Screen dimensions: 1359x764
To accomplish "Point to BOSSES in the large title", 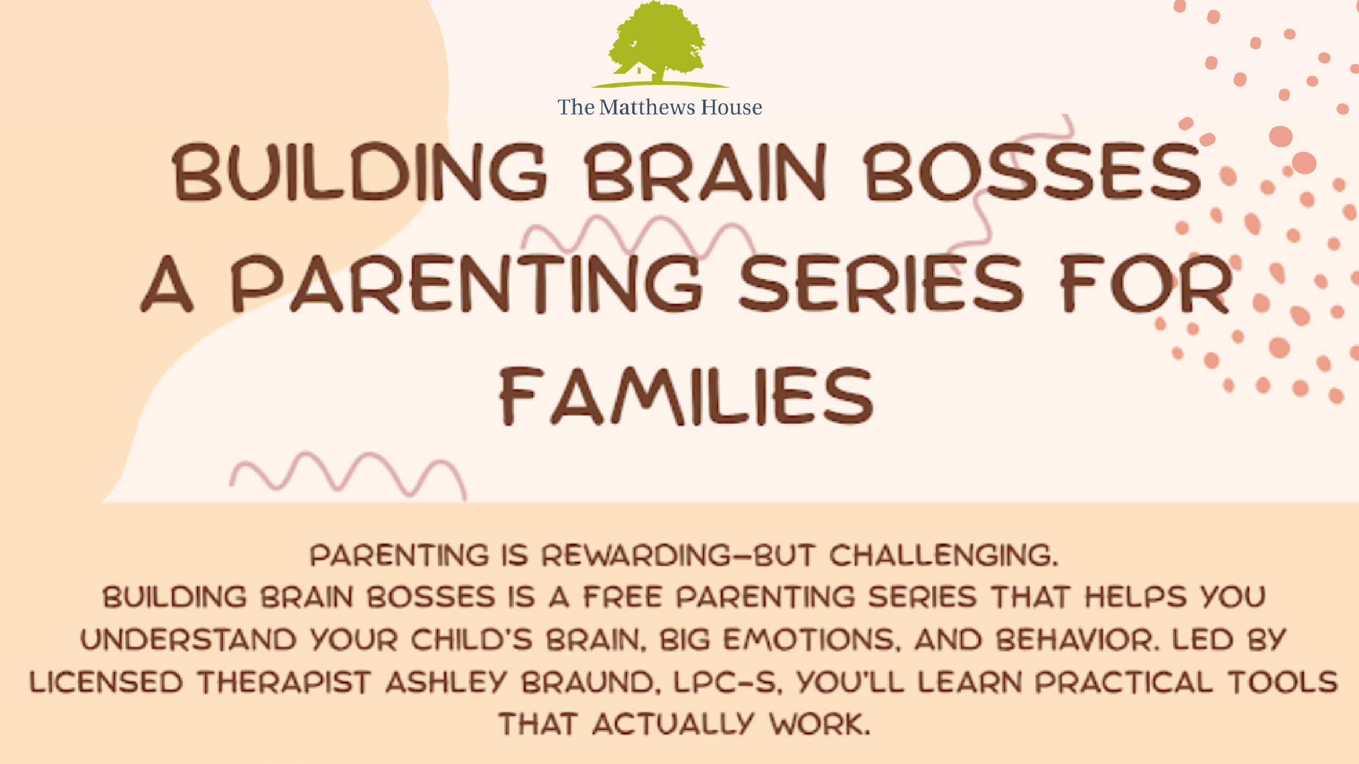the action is click(x=1032, y=172).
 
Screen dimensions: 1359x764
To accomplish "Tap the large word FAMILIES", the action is click(x=686, y=396).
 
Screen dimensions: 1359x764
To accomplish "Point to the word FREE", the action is click(x=623, y=597).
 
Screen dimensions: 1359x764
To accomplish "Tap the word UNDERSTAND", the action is click(x=188, y=640).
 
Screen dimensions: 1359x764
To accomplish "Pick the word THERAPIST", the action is click(x=283, y=682).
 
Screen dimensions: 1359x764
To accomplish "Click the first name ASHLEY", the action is click(x=446, y=682).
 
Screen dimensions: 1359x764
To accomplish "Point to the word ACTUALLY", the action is click(x=673, y=724).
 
